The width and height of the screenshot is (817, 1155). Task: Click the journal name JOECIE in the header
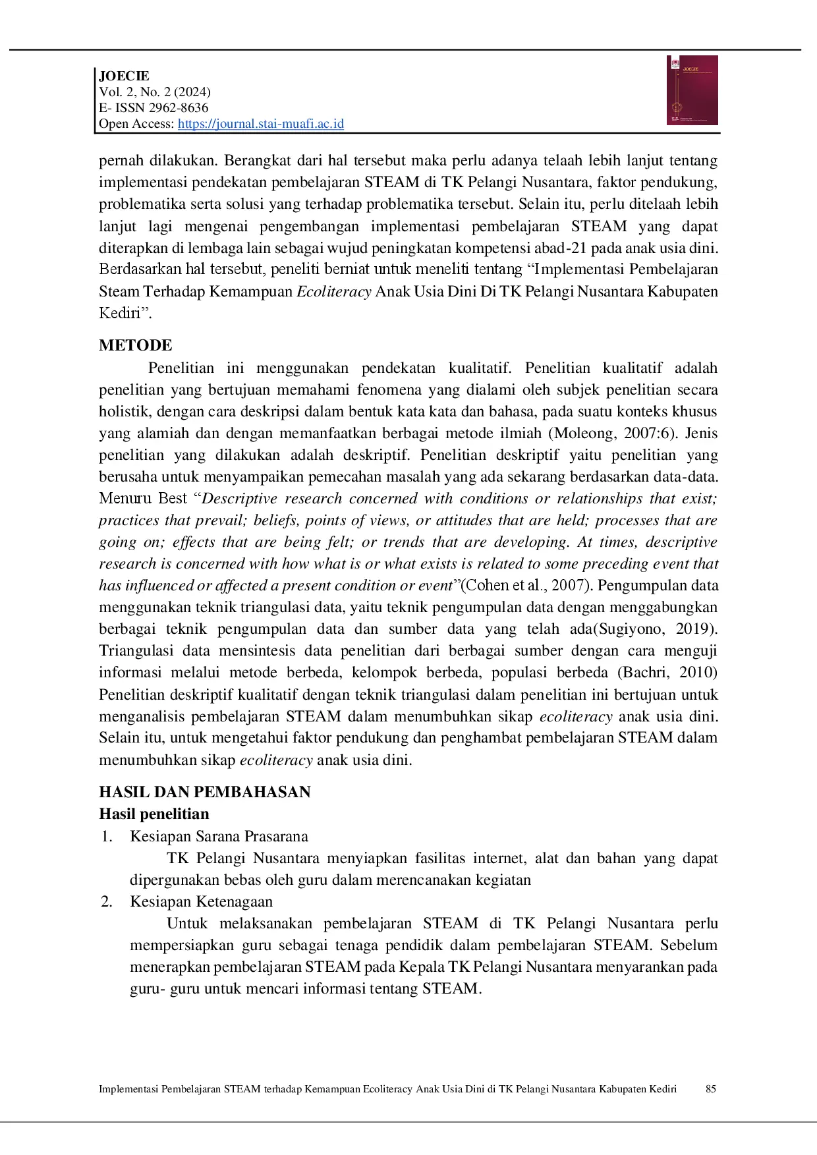(x=124, y=76)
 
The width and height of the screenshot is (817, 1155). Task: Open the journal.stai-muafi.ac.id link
(x=261, y=124)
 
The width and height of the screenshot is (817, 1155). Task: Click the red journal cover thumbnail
(x=692, y=90)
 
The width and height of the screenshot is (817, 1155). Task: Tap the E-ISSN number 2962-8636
(x=176, y=107)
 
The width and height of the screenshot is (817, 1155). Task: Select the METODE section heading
(x=136, y=345)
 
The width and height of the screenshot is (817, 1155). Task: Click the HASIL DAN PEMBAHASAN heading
(x=205, y=792)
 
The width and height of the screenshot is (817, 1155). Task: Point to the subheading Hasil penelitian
(x=154, y=814)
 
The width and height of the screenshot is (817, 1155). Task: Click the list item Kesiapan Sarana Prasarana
(x=219, y=836)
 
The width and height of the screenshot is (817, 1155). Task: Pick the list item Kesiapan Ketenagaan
(x=201, y=901)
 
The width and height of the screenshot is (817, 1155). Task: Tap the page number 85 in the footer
(x=711, y=1089)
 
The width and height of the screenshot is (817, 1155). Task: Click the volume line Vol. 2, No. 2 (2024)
(x=155, y=92)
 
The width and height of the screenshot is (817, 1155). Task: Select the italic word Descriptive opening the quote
(x=239, y=499)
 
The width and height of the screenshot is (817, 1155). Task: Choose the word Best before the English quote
(x=173, y=499)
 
